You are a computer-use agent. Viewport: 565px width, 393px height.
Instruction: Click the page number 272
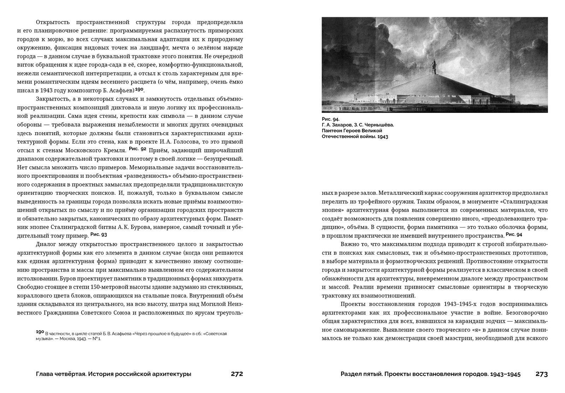(237, 374)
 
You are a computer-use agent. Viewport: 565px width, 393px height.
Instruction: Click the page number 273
(542, 374)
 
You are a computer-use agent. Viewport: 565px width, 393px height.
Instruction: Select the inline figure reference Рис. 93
(99, 234)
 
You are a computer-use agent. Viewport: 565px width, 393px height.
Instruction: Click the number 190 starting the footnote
(40, 332)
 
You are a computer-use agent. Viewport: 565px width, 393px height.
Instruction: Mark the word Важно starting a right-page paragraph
(350, 244)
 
